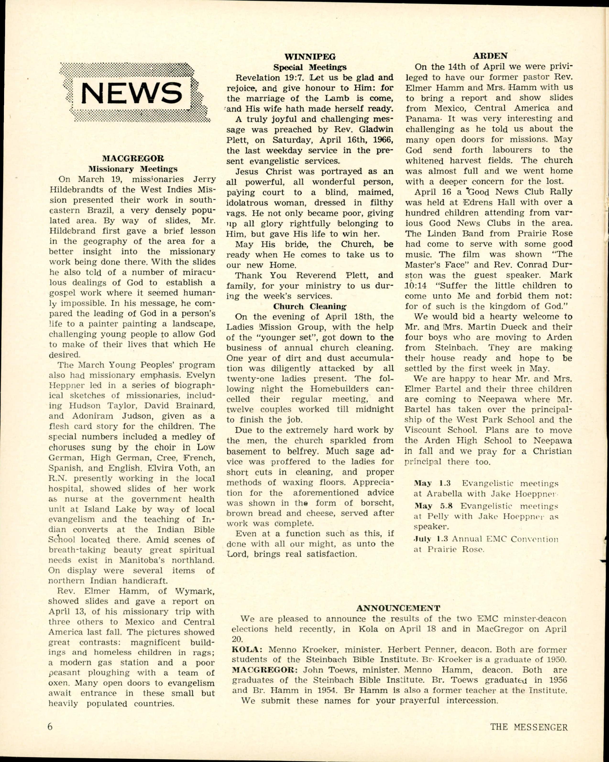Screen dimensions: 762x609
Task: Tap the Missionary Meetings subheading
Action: [x=133, y=169]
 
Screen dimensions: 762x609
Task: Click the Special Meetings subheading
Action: [x=310, y=67]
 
